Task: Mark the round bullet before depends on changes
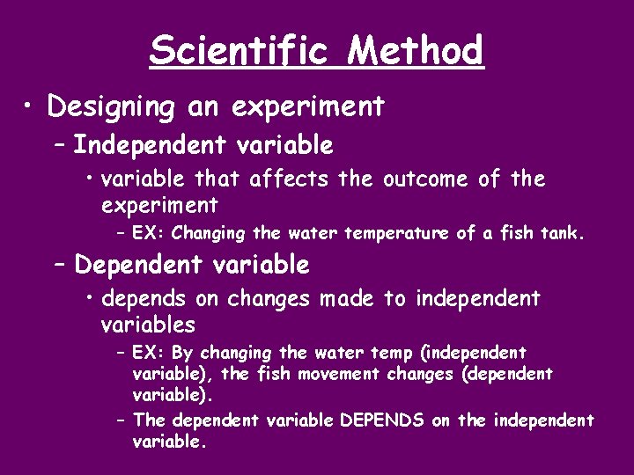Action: click(91, 299)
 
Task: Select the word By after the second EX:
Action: click(182, 354)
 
